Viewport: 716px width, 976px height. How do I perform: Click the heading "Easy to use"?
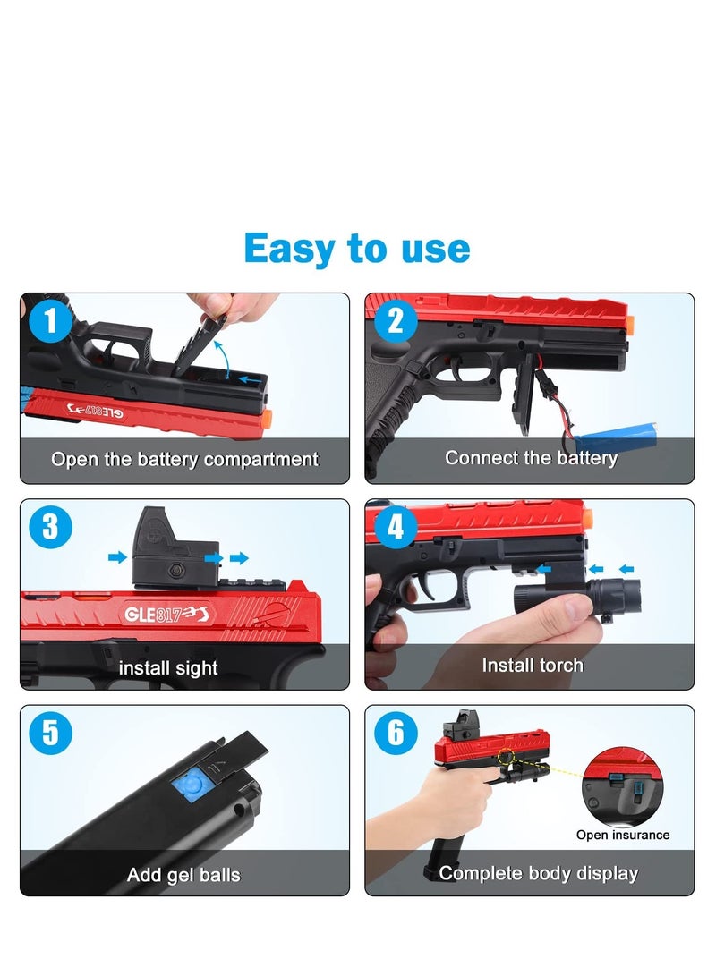pos(356,248)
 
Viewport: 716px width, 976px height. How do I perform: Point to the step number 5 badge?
pos(51,734)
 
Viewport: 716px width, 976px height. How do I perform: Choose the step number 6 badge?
pos(396,734)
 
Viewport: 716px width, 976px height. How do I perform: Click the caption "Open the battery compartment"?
pos(184,460)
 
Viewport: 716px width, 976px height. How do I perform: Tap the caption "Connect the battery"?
pos(531,458)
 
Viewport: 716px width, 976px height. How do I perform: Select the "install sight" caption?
pos(168,667)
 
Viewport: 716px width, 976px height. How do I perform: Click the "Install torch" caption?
pos(532,665)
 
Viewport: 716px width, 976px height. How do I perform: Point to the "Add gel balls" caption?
pos(183,874)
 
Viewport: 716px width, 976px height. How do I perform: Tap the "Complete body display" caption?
pos(538,873)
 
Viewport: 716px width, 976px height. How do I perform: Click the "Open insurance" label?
pos(623,835)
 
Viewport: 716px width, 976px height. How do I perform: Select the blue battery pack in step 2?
pos(618,439)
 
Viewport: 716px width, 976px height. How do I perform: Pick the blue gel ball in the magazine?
pos(188,785)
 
